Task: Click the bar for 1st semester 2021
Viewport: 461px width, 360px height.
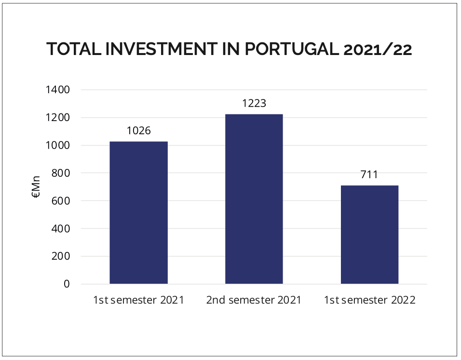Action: [x=138, y=212]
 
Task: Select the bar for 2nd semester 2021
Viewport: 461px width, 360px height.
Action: [x=254, y=199]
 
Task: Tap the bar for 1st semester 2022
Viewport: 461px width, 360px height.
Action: [x=369, y=235]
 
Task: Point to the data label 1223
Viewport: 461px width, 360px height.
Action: [x=254, y=104]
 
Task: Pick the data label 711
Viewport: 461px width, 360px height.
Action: [x=369, y=175]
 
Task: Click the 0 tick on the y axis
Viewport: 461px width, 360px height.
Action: [x=67, y=284]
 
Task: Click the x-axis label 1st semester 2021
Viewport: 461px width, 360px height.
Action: [x=138, y=300]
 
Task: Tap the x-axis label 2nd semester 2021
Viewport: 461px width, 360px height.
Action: [x=254, y=300]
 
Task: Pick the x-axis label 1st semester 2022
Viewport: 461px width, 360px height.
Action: [x=369, y=300]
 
